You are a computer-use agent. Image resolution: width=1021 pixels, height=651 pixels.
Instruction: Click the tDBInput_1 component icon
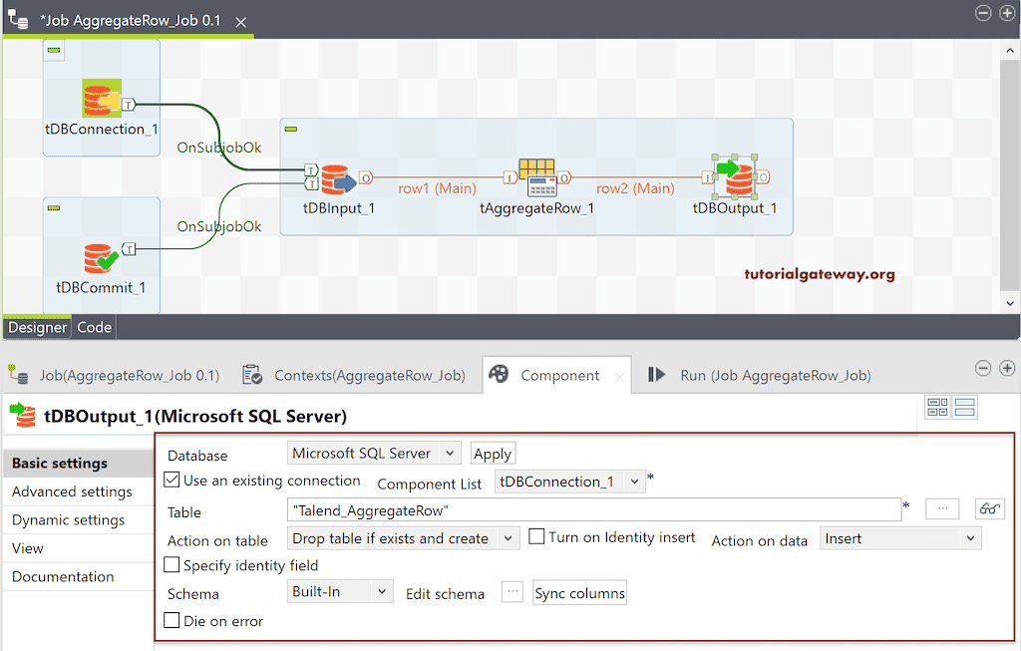[338, 179]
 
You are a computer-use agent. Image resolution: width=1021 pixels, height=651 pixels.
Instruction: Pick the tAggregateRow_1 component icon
[537, 177]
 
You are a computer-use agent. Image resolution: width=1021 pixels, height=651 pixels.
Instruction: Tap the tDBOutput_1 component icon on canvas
[735, 176]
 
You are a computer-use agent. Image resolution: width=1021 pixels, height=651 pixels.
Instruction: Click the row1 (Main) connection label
[437, 188]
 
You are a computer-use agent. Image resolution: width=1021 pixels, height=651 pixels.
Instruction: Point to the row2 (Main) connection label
[635, 188]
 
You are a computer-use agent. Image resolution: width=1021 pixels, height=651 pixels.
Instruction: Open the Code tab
[95, 327]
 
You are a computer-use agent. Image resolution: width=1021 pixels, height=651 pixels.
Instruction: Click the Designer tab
[37, 327]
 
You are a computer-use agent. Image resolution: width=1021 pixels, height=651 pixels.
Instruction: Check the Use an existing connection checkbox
[171, 480]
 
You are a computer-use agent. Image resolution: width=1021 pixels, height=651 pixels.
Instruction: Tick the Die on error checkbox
[171, 620]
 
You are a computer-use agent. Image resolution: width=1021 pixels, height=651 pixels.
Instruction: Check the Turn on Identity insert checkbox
[536, 536]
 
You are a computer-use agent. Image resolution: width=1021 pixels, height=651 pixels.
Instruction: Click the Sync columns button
[579, 593]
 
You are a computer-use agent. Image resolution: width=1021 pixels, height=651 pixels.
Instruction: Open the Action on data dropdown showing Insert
[900, 538]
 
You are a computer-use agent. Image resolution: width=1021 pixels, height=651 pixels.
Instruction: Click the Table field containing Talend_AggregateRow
[594, 509]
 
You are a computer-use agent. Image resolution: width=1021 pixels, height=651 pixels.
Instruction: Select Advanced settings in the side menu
[72, 491]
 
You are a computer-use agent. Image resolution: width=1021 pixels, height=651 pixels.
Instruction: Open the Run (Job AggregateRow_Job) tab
[759, 375]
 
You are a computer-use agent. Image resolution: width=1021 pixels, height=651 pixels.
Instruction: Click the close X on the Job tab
[241, 22]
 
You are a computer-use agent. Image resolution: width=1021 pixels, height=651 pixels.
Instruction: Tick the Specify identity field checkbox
[171, 564]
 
